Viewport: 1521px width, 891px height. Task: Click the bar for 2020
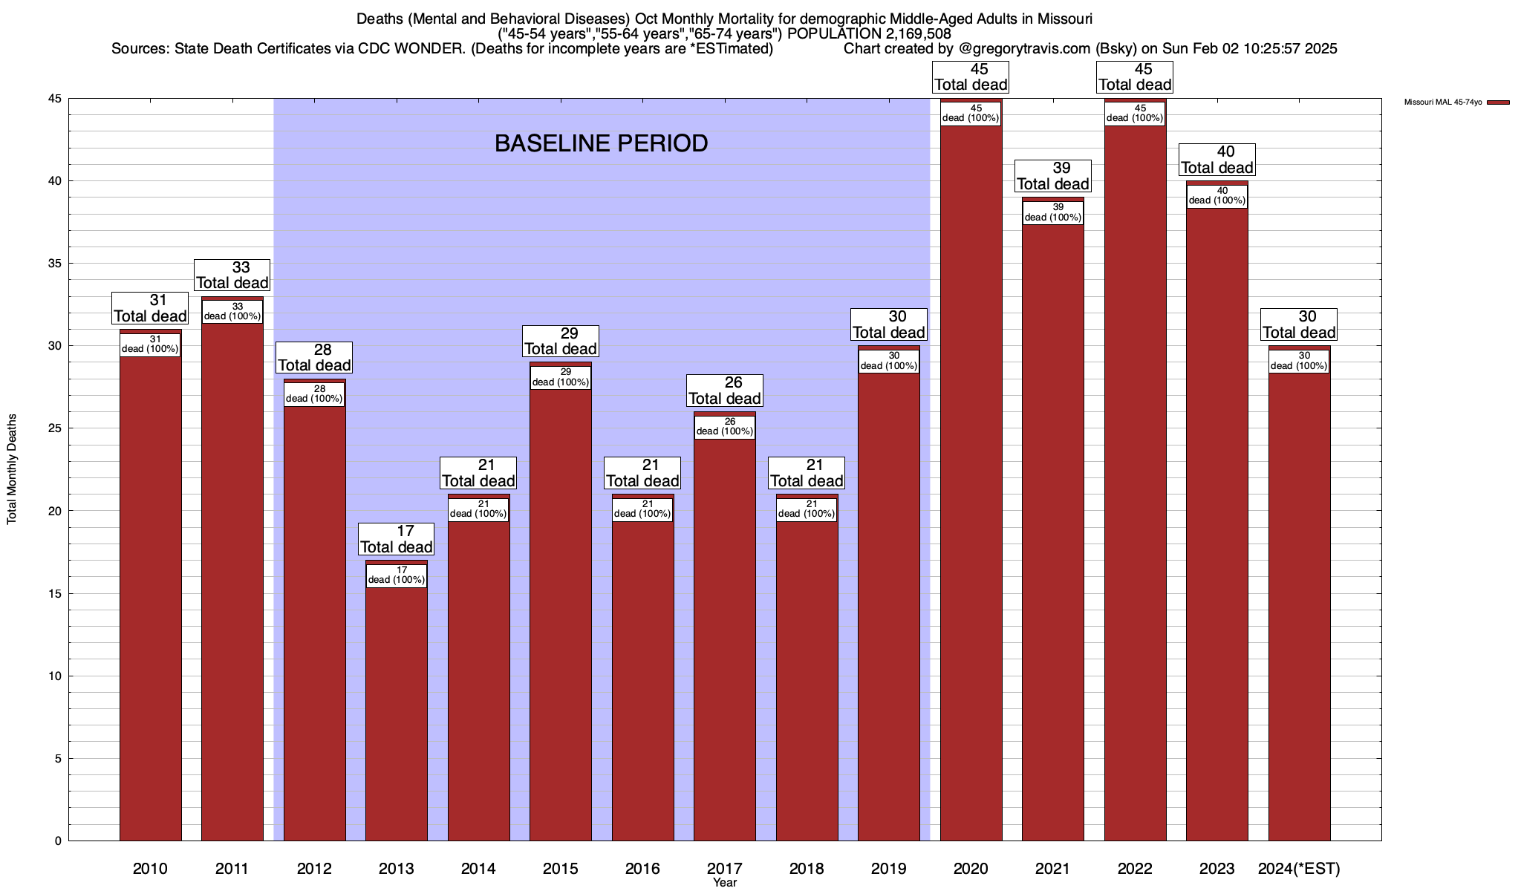coord(971,483)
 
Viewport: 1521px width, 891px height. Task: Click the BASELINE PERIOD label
coord(601,143)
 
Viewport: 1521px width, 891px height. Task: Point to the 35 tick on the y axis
coord(56,264)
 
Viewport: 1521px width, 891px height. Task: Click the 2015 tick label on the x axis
coord(561,868)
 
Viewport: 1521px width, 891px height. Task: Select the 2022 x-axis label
coord(1135,868)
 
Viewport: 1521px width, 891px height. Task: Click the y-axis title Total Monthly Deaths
coord(12,469)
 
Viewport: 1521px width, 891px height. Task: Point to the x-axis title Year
coord(725,882)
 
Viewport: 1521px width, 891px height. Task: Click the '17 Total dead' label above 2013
coord(397,540)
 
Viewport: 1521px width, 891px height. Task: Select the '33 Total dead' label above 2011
coord(232,275)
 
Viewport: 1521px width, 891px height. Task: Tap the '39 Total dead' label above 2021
coord(1053,177)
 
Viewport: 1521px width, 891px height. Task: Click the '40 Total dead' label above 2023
coord(1217,160)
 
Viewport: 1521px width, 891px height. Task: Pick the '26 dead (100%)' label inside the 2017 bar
coord(725,427)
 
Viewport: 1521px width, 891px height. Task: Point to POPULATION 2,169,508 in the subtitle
coord(869,33)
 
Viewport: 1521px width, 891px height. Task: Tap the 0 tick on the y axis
coord(58,841)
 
